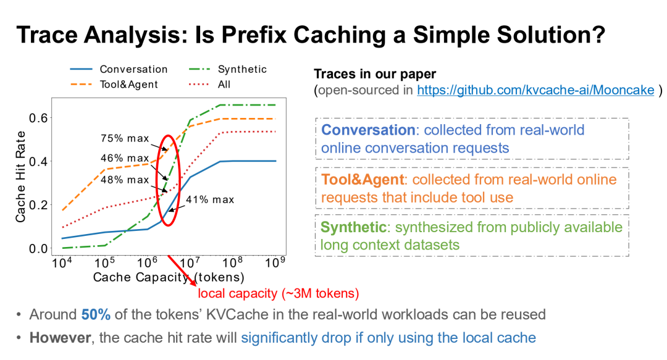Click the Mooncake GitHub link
[x=535, y=90]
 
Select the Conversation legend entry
[x=119, y=69]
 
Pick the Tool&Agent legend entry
[x=114, y=84]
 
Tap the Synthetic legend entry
[x=227, y=69]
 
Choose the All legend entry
[x=209, y=84]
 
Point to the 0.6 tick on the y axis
[x=38, y=118]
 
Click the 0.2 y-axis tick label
[x=38, y=205]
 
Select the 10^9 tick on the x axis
[x=275, y=262]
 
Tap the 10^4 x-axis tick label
[x=62, y=262]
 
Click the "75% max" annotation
[x=125, y=138]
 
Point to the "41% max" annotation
[x=210, y=199]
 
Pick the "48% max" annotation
[x=125, y=180]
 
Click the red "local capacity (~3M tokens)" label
[x=279, y=293]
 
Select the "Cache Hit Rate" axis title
[x=20, y=177]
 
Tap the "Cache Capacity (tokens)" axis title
[x=169, y=277]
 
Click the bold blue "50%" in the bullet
[x=96, y=314]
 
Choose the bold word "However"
[x=60, y=337]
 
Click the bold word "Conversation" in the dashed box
[x=368, y=130]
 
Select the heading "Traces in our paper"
[x=375, y=74]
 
